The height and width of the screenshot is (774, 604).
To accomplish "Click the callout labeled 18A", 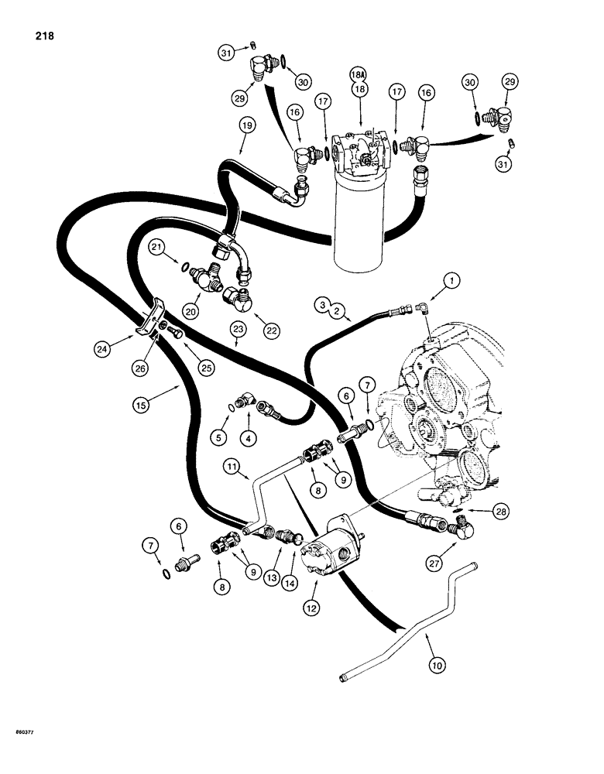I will (358, 75).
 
